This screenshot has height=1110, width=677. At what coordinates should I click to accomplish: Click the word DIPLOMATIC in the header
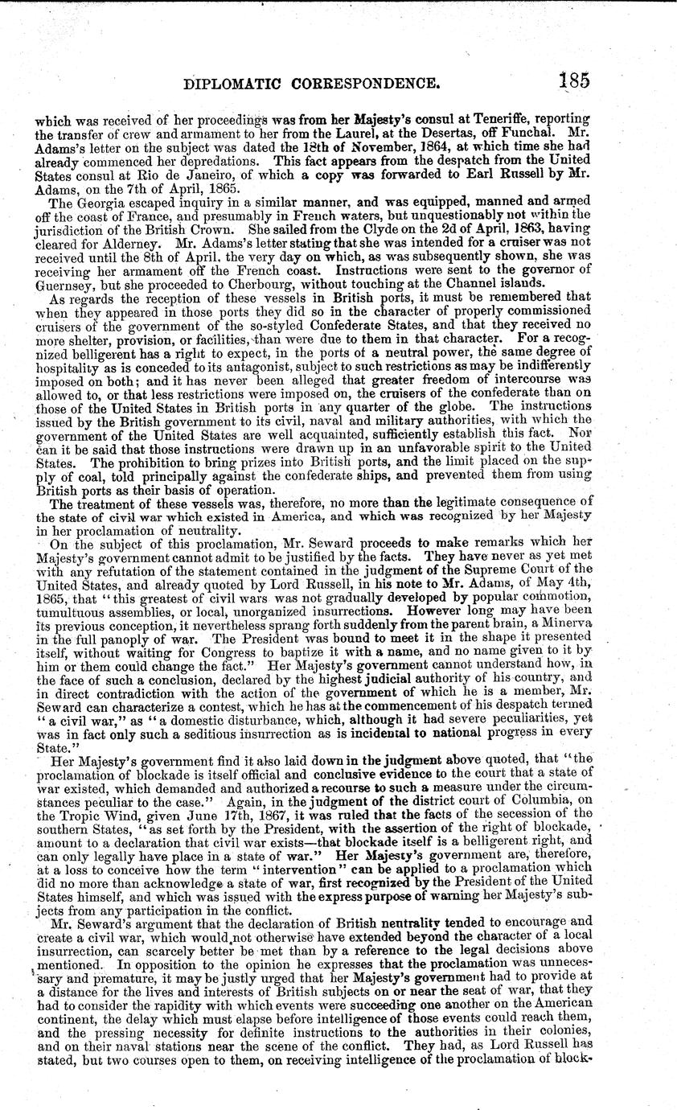point(238,82)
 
